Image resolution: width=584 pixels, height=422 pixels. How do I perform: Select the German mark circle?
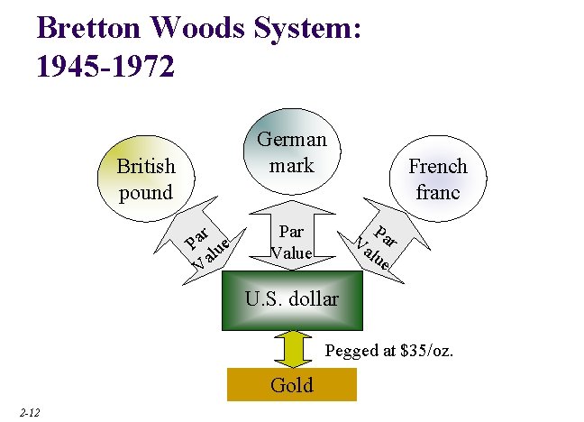[x=292, y=151]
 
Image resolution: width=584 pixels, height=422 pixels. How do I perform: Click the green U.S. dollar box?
[x=292, y=298]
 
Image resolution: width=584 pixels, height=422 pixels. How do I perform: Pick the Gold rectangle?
[x=292, y=385]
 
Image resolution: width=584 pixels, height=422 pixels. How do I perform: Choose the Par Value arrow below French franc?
[x=377, y=239]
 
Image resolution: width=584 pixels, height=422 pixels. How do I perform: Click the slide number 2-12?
[x=28, y=412]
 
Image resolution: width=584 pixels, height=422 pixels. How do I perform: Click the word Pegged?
[x=352, y=350]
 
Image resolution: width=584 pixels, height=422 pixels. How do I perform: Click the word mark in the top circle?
[x=292, y=165]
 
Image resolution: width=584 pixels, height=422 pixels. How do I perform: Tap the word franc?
[x=438, y=192]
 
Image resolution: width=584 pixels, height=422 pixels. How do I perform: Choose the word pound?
[x=145, y=192]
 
